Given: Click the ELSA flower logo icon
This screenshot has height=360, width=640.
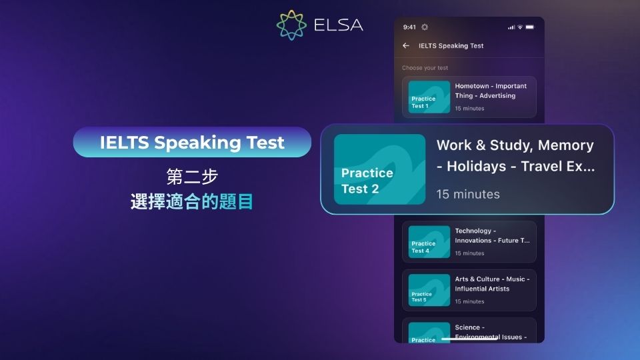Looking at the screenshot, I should coord(291,25).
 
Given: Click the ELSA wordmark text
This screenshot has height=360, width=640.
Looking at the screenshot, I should coord(339,25).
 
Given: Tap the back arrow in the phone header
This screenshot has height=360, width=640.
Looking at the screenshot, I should coord(406,46).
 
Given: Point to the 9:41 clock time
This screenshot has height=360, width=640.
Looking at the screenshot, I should coord(409,27).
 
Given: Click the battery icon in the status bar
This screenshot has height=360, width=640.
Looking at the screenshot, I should coord(529,27).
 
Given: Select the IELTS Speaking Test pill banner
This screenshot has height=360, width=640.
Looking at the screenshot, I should coord(192,142).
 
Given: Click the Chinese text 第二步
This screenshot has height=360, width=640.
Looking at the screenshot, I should coord(192,177).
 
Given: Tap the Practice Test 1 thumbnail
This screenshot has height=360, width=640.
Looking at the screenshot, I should coord(429,97).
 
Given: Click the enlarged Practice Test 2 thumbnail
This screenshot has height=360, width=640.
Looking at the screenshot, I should coord(379,169).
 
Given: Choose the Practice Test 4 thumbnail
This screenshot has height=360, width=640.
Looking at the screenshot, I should coord(429,242).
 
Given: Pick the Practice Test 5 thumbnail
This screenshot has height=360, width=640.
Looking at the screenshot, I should coord(429,290).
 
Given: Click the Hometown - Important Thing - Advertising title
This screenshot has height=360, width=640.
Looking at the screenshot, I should coord(491,91).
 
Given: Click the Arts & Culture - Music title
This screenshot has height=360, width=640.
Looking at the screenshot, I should coord(492,284).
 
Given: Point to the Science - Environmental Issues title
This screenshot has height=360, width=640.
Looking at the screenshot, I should coord(491,332).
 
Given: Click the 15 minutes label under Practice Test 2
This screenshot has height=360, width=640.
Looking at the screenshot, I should coord(468,194).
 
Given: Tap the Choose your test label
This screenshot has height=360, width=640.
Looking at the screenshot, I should coord(425,68).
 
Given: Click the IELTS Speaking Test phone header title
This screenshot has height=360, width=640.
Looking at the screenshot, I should coord(451,46).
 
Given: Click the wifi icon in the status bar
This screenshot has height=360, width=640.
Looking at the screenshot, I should coord(520,27).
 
